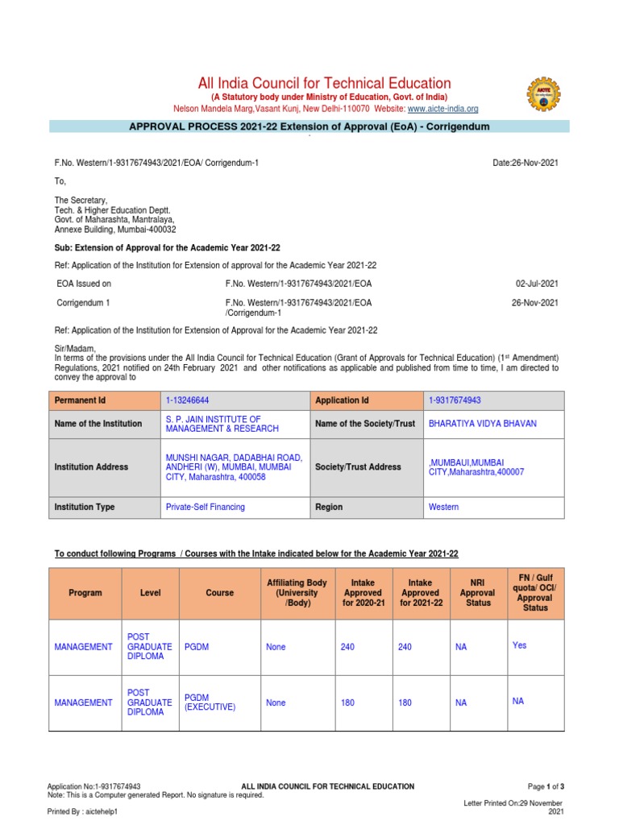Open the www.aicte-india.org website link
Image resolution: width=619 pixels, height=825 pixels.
coord(442,109)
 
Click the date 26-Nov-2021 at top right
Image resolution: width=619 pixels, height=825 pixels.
coord(525,163)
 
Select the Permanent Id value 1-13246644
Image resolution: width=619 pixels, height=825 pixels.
coord(191,400)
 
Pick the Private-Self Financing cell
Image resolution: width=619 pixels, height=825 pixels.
coord(205,507)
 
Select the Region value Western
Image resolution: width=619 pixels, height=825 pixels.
coord(443,507)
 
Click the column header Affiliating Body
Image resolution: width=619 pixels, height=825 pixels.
coord(297,592)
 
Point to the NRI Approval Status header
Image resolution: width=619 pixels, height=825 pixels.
coord(477,592)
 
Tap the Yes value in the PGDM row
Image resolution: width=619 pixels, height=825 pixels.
coord(519,645)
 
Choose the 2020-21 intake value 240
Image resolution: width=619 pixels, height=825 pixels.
coord(347,647)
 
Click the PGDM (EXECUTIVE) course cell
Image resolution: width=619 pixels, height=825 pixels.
coord(210,702)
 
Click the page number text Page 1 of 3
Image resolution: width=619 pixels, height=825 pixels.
coord(546,786)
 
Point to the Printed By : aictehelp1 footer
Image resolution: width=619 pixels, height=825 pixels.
coord(83,812)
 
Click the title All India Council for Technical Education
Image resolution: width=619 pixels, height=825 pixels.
coord(324,83)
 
